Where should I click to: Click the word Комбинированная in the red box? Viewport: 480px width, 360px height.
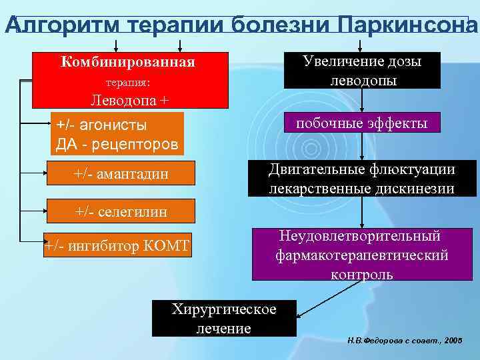(128, 63)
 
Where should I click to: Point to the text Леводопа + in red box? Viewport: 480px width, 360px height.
(130, 101)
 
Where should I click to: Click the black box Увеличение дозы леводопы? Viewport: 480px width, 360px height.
(362, 71)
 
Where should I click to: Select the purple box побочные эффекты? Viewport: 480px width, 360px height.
(362, 123)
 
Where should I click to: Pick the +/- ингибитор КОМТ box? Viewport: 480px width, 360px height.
(117, 245)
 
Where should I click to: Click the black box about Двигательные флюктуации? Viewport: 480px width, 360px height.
(362, 179)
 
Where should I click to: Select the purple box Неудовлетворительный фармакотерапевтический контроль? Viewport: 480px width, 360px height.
(362, 255)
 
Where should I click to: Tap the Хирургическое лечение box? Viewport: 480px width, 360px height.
(224, 319)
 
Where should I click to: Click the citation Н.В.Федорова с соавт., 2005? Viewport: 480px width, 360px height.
(404, 340)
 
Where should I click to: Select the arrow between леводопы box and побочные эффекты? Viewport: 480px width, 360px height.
(362, 101)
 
